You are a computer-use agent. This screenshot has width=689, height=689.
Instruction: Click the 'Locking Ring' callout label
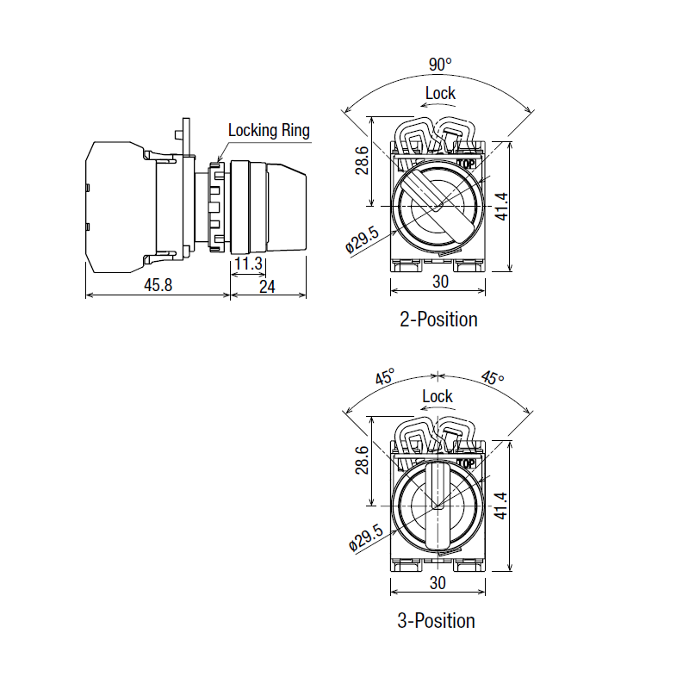click(x=269, y=131)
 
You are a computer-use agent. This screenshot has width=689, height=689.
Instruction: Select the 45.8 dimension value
click(x=158, y=285)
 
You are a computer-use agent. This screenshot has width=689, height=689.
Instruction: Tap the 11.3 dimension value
click(x=248, y=264)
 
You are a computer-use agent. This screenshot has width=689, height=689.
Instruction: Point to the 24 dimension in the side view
click(x=267, y=287)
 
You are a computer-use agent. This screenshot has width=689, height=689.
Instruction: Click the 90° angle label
click(x=440, y=65)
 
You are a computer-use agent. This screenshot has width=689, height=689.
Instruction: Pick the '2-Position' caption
click(x=438, y=320)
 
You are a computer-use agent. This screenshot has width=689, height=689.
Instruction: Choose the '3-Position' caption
click(x=437, y=621)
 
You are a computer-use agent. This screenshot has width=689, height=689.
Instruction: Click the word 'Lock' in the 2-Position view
click(x=440, y=93)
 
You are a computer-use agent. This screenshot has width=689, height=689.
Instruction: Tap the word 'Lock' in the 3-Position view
click(x=438, y=396)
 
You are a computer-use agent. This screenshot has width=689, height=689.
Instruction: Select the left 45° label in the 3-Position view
click(x=385, y=376)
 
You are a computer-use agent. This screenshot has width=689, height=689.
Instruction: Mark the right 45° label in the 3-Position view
click(x=492, y=377)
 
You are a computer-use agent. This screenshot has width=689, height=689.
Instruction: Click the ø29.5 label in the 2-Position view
click(x=362, y=240)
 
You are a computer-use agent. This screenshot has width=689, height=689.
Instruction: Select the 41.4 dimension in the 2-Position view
click(x=501, y=207)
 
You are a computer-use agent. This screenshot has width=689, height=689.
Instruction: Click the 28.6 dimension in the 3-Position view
click(x=362, y=460)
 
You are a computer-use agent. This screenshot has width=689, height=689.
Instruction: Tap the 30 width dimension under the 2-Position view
click(x=440, y=282)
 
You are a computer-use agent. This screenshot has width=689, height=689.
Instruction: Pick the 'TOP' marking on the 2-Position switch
click(x=466, y=164)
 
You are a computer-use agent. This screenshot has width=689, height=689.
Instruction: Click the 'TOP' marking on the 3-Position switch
click(x=466, y=463)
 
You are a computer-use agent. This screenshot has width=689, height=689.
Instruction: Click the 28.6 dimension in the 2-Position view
click(x=362, y=160)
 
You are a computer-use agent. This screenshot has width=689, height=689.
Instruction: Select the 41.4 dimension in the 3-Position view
click(x=501, y=506)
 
